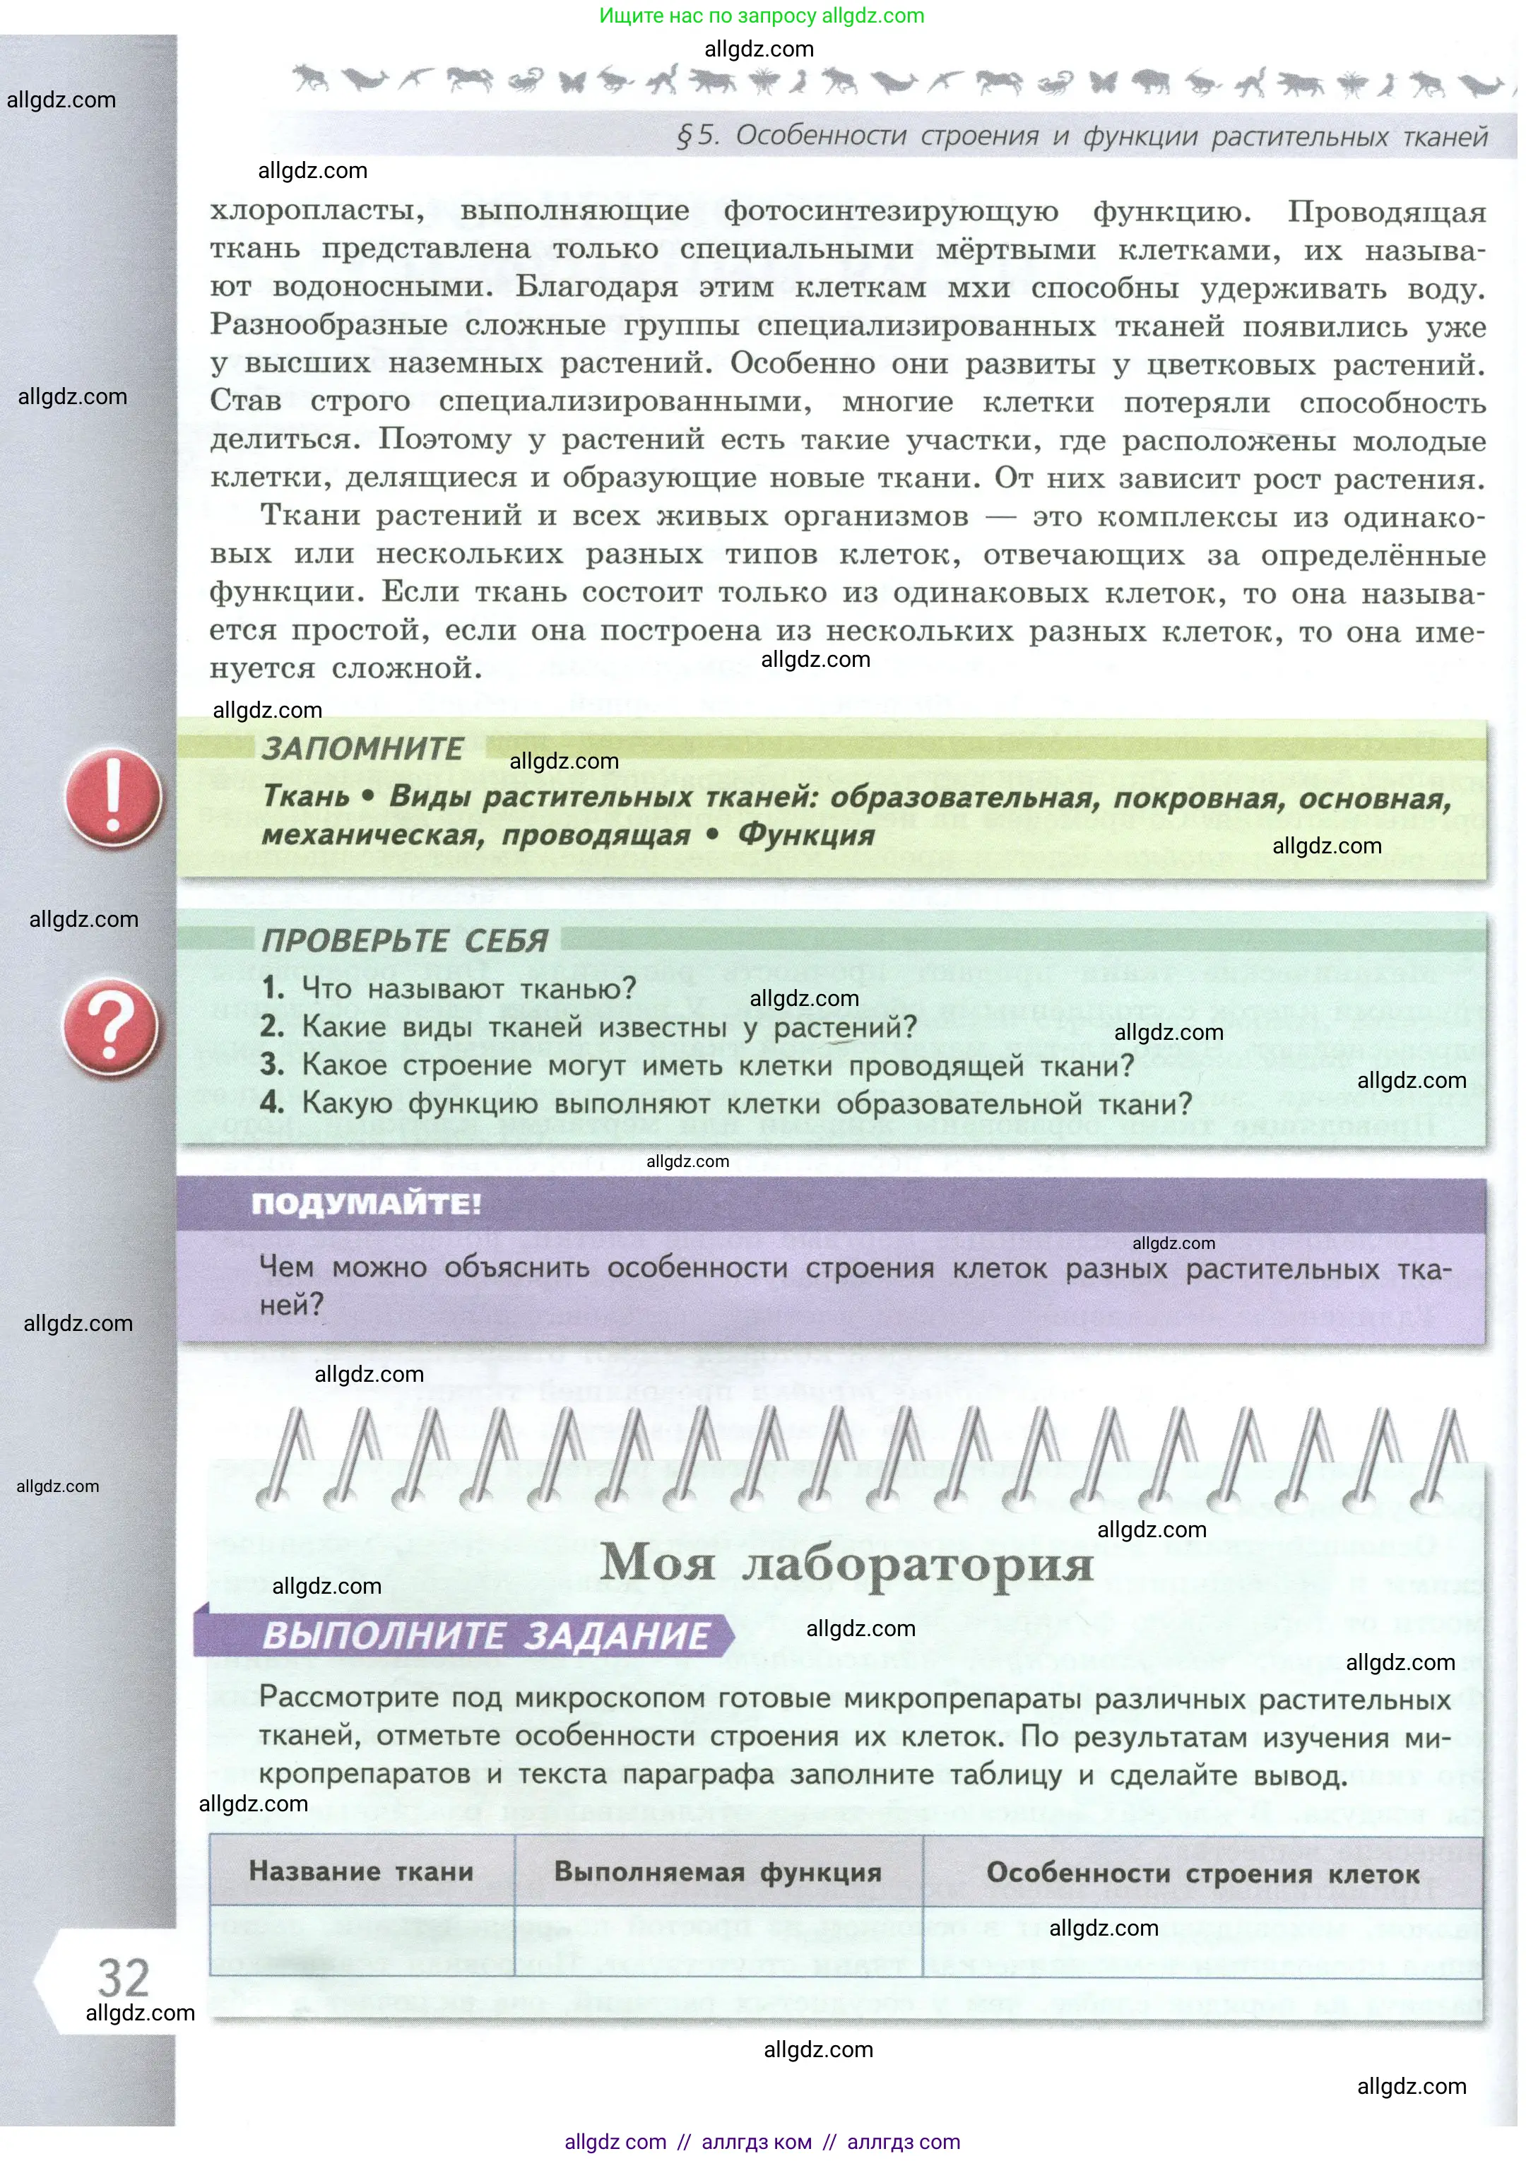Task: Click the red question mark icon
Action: [110, 1027]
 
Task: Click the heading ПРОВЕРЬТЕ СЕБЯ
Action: [405, 940]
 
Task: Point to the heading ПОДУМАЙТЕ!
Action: [366, 1204]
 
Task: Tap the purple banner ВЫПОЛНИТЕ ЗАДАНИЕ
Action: [485, 1636]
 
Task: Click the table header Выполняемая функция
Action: [717, 1872]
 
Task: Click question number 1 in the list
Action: [273, 988]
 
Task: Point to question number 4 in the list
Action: [272, 1102]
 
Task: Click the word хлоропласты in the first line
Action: [317, 210]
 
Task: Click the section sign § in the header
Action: [685, 136]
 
